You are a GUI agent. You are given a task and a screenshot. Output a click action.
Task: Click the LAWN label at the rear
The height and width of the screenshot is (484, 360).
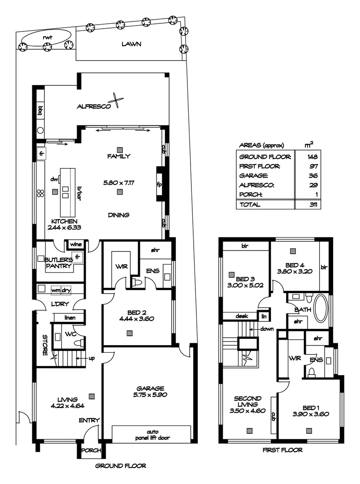click(131, 44)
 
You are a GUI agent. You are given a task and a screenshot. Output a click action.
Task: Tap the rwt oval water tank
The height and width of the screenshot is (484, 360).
click(47, 37)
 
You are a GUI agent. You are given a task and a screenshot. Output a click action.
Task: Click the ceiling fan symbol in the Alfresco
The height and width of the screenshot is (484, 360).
click(117, 100)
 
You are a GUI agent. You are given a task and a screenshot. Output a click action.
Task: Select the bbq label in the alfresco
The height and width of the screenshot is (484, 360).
click(40, 110)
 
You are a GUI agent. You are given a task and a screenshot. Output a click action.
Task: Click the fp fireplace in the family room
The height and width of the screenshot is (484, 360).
click(159, 184)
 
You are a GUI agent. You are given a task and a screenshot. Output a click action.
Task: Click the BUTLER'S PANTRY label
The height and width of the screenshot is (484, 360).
click(60, 263)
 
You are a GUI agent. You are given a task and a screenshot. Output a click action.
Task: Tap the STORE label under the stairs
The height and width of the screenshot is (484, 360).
click(45, 345)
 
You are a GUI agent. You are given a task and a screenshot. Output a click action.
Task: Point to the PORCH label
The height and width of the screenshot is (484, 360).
click(90, 450)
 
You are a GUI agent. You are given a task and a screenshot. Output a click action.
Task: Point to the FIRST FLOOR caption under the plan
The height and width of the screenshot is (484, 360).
click(282, 450)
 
